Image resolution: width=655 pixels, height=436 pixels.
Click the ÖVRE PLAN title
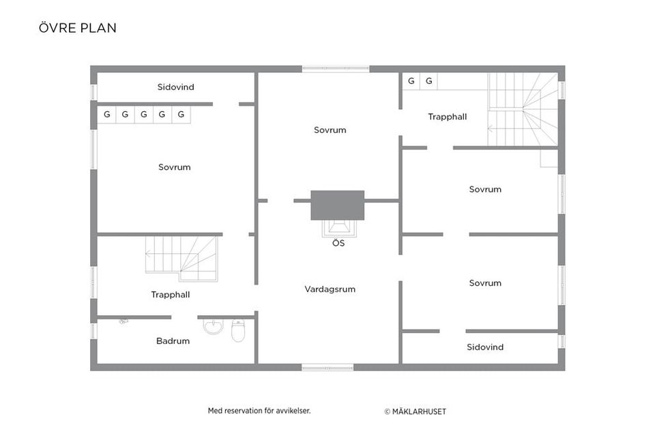(78, 27)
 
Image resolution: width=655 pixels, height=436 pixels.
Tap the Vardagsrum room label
(330, 289)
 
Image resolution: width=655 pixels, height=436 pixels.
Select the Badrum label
(173, 340)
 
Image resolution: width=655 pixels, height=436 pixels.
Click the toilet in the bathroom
(238, 330)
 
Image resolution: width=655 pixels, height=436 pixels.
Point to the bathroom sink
(214, 326)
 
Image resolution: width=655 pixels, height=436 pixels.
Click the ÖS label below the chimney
(338, 243)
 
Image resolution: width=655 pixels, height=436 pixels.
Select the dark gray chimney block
(338, 205)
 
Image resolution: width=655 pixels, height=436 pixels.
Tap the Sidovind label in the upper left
(175, 87)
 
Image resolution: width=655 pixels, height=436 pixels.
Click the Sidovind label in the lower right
(485, 347)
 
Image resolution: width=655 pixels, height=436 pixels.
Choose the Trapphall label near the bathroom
(171, 295)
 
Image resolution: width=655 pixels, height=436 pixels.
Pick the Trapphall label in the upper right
(448, 117)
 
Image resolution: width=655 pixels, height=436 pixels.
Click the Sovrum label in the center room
(330, 130)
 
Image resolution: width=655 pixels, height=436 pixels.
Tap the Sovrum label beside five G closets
(174, 167)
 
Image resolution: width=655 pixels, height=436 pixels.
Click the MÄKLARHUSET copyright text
(416, 411)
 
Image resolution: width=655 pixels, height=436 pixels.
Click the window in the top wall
(336, 69)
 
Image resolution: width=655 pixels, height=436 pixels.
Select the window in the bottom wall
(327, 368)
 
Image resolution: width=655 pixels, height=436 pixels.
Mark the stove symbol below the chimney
(339, 229)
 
